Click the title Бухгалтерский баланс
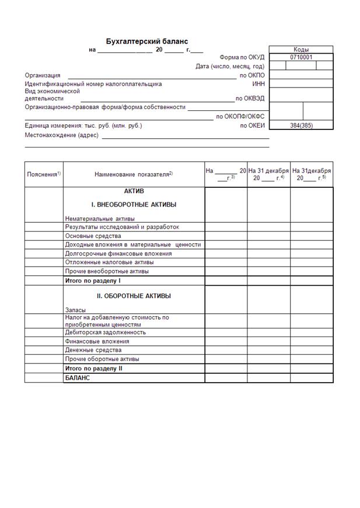146,41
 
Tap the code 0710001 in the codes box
301,57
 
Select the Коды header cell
301,50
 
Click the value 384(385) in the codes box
301,125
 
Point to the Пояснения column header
44,174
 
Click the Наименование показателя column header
134,174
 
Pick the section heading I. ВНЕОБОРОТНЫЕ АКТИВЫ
134,205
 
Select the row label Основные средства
93,236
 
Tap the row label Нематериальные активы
100,219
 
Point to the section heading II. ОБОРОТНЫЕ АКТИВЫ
134,296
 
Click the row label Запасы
76,310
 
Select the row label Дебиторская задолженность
106,332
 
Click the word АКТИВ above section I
134,191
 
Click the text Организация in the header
43,75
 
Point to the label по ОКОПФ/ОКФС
240,116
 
